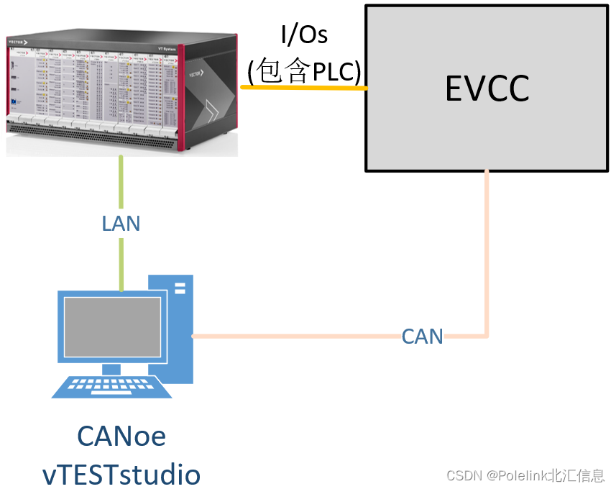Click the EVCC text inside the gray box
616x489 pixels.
tap(487, 88)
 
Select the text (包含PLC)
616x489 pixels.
tap(303, 70)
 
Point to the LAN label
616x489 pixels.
tap(121, 224)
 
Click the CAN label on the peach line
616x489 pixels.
tap(422, 336)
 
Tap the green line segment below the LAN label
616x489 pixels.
tap(121, 262)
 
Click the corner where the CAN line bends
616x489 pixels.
tap(487, 335)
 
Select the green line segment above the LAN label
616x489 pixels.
tap(121, 183)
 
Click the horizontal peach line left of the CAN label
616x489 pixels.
tap(295, 336)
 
